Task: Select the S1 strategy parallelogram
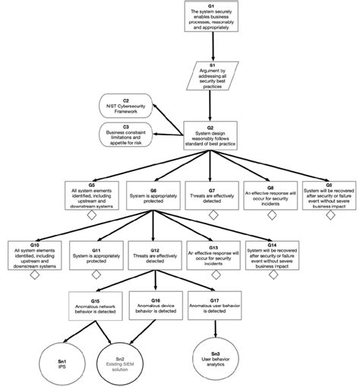coord(211,75)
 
